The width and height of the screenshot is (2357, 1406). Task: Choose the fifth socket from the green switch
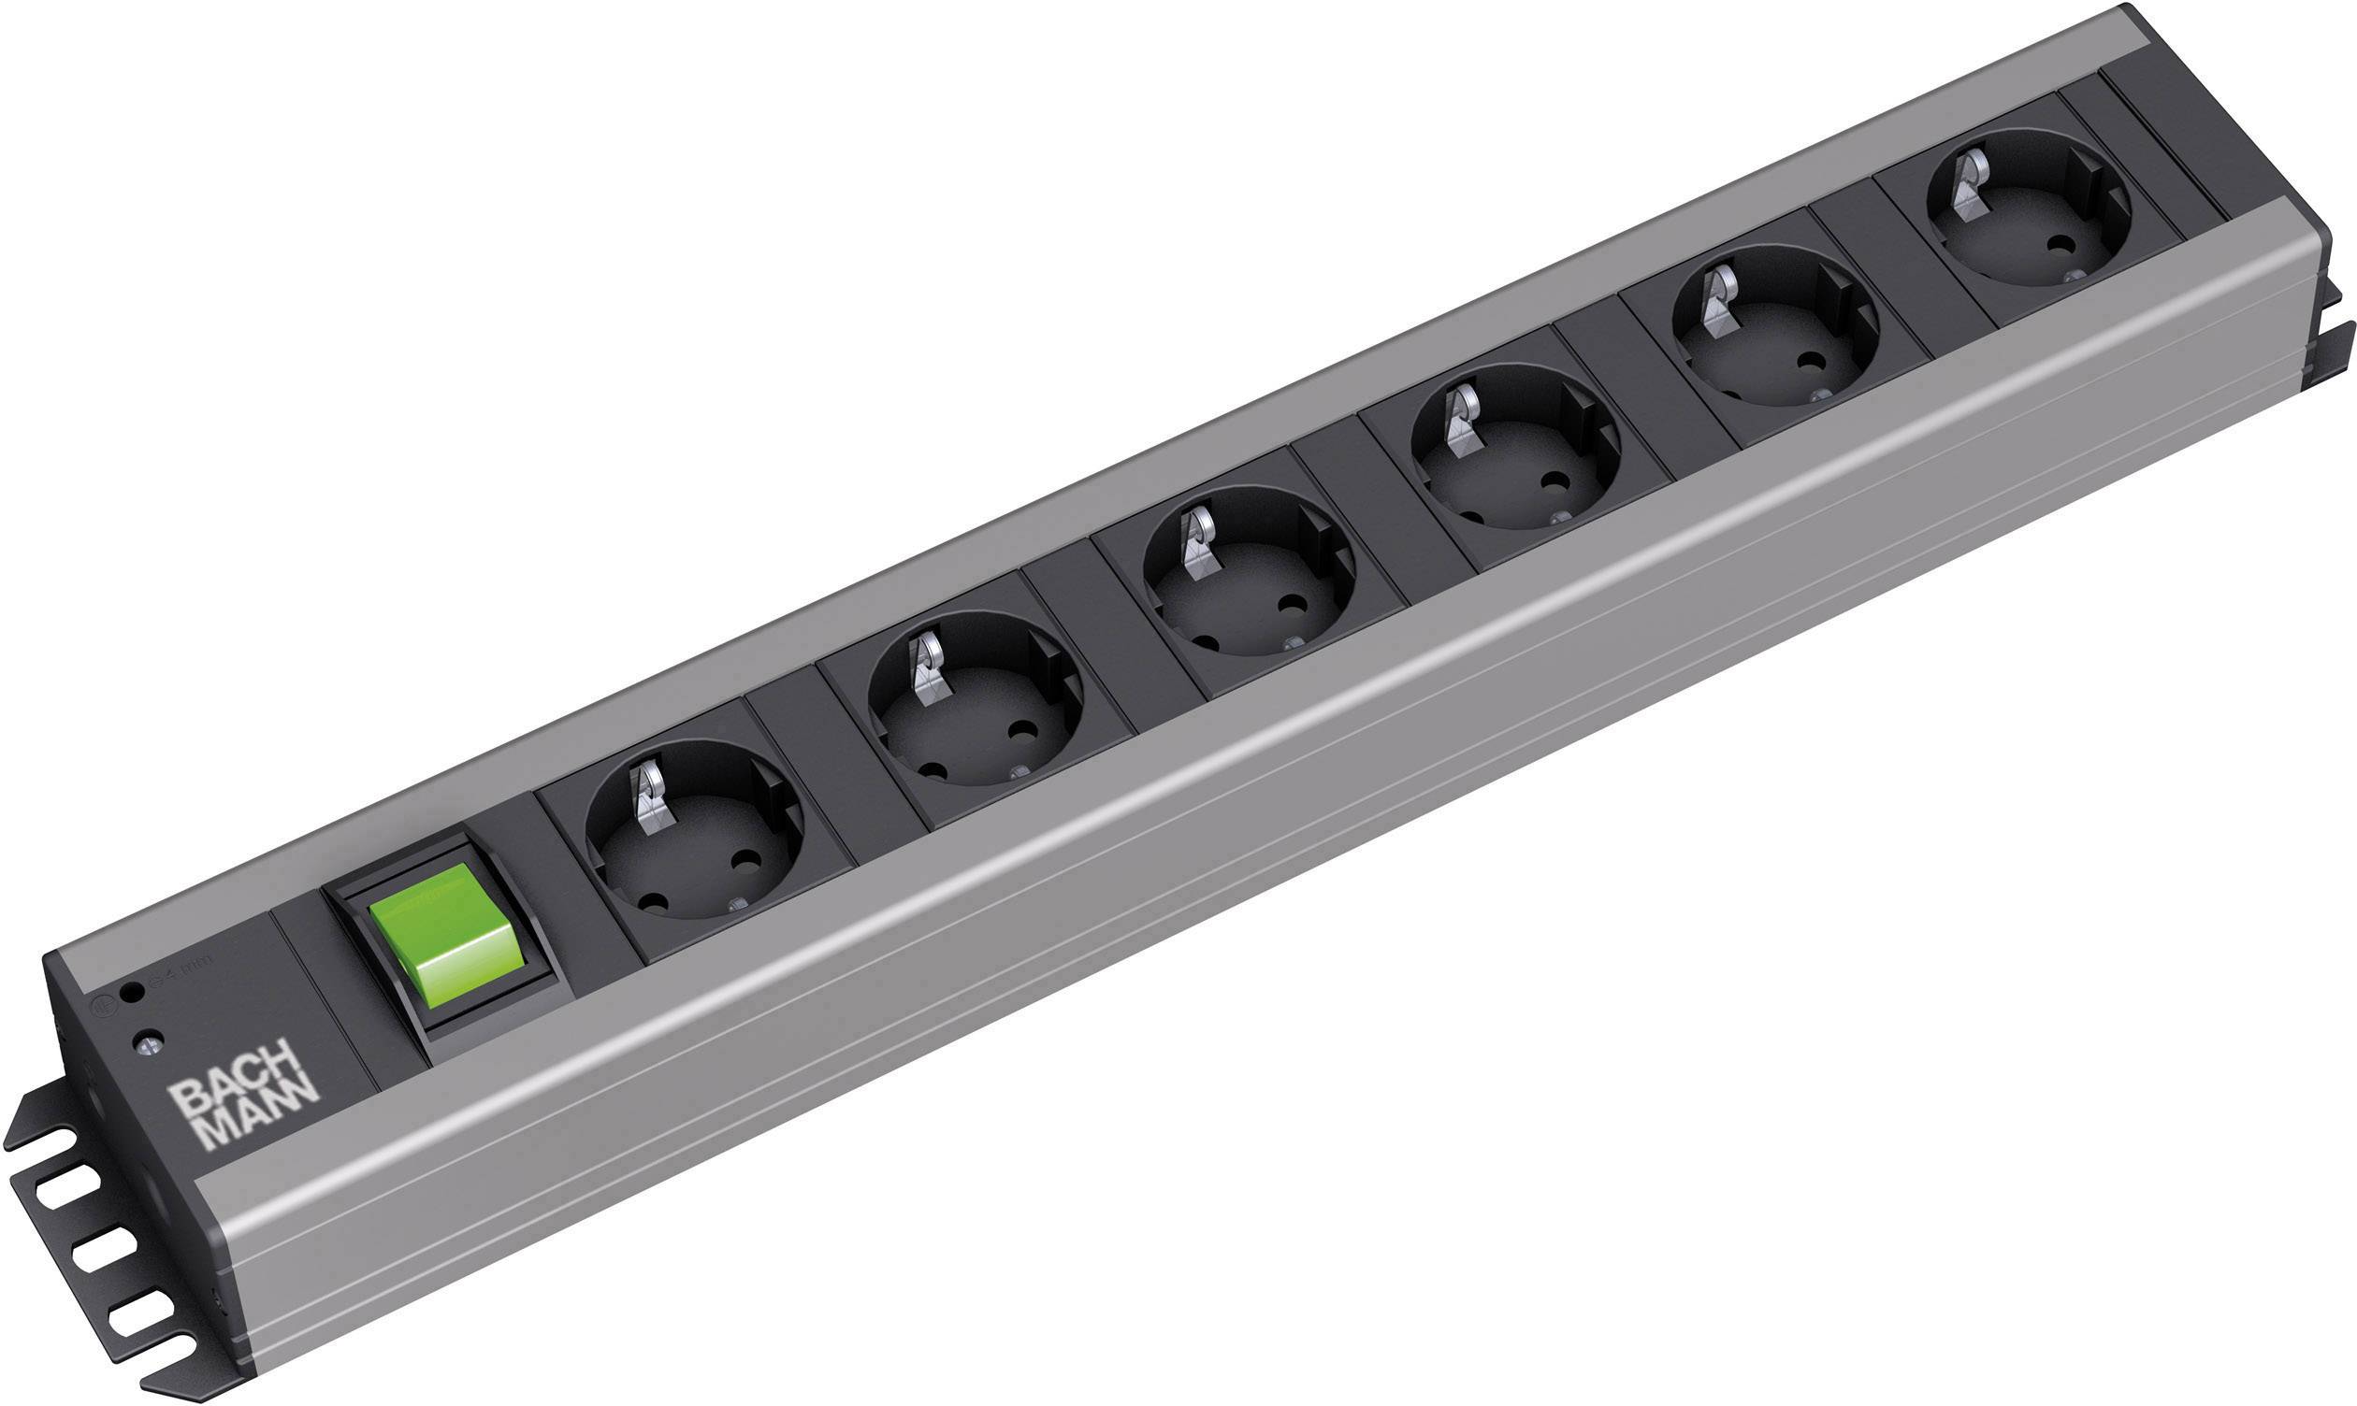(x=1776, y=341)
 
